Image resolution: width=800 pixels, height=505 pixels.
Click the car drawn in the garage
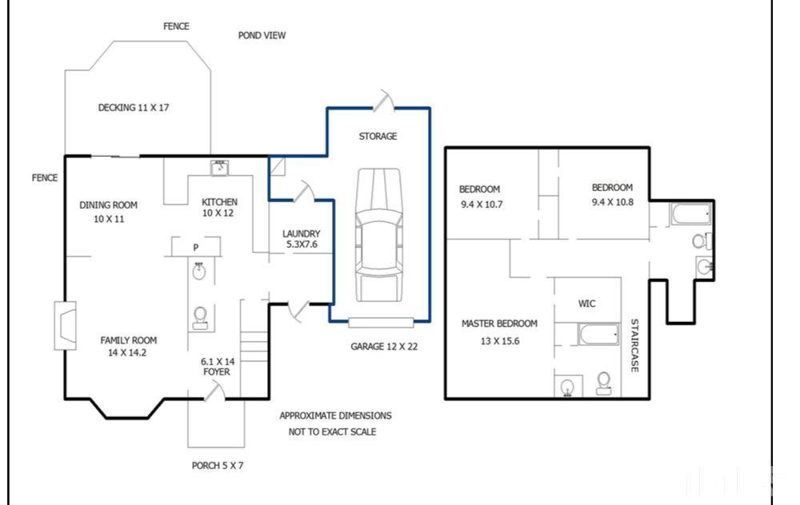[x=378, y=235]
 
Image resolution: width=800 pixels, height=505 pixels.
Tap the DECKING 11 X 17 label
[x=133, y=108]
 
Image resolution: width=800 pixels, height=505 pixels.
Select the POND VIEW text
[x=262, y=35]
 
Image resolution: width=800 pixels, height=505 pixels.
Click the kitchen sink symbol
[x=220, y=168]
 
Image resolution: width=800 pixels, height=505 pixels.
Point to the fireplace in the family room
[x=66, y=326]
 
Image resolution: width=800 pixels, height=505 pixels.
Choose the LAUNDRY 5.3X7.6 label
[x=302, y=239]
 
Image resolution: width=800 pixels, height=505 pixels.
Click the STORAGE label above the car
[x=378, y=136]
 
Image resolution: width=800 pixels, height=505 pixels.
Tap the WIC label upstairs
[x=586, y=304]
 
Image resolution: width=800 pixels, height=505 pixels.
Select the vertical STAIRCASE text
[x=634, y=345]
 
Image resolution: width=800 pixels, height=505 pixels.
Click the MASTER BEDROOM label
[x=499, y=324]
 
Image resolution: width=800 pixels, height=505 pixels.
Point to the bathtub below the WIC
[x=598, y=334]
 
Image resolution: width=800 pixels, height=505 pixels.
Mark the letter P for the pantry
[x=195, y=248]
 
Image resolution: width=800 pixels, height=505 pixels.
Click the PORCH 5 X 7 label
[x=218, y=465]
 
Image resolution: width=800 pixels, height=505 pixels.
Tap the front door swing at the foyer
[x=214, y=392]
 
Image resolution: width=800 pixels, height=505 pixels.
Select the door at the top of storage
[x=383, y=101]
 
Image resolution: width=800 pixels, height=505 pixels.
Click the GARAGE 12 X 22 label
[x=384, y=347]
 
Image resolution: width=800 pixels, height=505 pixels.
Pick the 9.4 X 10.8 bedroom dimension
[x=612, y=202]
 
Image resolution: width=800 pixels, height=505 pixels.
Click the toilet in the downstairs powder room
[x=200, y=317]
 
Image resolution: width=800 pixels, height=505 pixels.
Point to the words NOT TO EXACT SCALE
[x=332, y=431]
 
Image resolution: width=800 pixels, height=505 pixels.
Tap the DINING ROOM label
[x=108, y=205]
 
